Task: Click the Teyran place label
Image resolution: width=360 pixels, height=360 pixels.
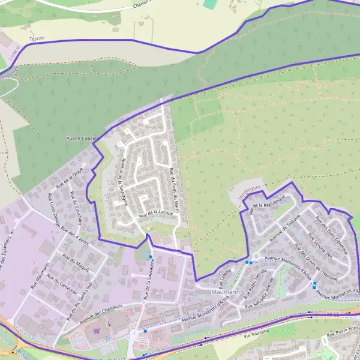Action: coord(37,38)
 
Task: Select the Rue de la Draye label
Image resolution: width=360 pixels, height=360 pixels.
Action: coord(68,178)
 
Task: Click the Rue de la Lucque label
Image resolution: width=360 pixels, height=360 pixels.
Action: coord(155,212)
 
